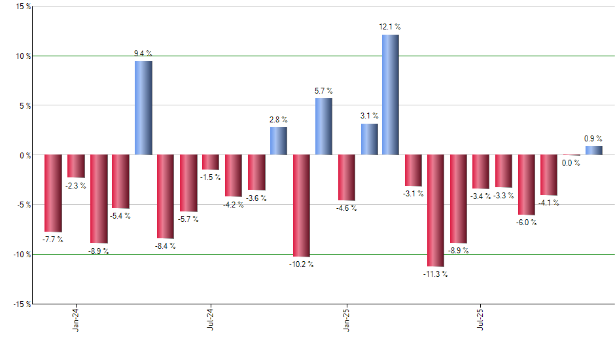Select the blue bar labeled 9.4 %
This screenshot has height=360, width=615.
143,108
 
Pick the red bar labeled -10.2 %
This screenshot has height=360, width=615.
301,206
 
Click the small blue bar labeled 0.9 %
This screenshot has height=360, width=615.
593,151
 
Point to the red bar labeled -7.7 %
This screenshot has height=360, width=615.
53,193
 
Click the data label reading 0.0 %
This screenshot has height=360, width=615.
571,163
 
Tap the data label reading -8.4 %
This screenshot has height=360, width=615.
166,246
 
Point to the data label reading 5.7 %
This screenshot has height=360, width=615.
323,91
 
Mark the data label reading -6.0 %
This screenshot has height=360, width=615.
526,223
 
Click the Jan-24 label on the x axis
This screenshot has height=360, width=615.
77,318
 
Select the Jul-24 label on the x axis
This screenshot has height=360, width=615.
211,318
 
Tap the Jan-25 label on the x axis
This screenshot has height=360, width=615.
346,318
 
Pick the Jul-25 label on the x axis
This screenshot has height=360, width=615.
481,318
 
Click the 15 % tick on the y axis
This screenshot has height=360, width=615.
22,7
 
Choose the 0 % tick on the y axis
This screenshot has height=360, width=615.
24,155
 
